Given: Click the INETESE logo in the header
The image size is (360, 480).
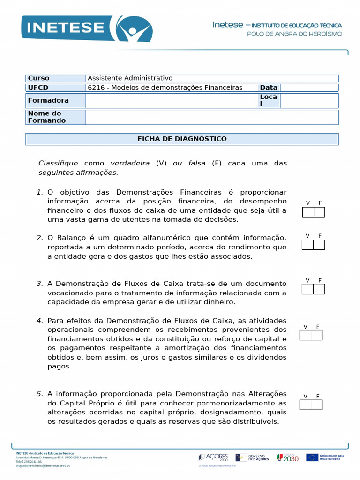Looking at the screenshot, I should coord(86,29).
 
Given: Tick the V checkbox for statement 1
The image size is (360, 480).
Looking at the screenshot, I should coord(308,212).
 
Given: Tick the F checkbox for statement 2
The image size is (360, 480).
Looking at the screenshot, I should coord(319,245).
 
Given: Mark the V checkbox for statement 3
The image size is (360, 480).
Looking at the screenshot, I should coord(307,289).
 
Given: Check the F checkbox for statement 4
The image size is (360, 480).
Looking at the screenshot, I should coord(317,335).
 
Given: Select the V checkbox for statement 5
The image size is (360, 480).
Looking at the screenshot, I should coord(306,405).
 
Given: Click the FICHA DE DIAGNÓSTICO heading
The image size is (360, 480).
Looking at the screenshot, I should coord(182,139).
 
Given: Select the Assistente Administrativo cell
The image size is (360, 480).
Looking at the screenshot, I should coord(130,78).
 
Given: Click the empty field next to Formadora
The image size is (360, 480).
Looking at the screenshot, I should coord(172,101).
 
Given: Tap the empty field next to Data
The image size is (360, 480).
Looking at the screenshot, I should coord(309,88).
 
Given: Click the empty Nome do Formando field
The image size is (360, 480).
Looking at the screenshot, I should coord(212,117).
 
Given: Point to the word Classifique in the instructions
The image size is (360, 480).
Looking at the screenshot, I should coord(58,163).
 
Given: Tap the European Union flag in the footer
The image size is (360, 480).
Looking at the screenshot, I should coord(312,457).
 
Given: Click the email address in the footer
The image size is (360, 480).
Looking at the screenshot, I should coord(43,466).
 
